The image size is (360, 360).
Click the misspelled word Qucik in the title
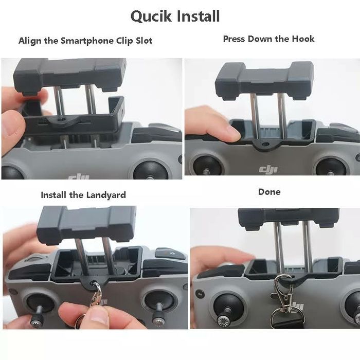151,16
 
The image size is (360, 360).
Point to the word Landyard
106,195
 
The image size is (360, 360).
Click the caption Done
269,192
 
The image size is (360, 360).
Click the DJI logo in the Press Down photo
268,169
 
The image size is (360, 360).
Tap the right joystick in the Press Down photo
330,167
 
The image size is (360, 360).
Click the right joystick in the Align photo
150,170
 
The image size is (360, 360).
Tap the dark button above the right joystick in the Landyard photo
170,254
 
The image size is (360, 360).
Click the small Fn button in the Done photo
200,294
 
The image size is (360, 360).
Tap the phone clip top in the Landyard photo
86,225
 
